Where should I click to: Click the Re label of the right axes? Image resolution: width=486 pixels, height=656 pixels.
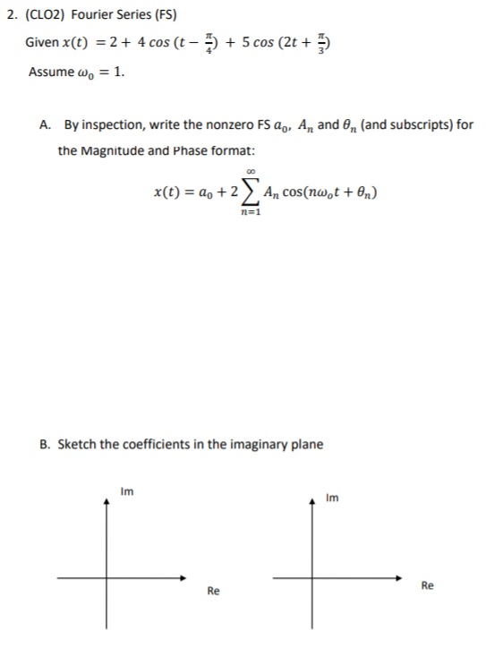click(427, 585)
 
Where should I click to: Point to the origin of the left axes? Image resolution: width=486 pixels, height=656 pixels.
click(107, 577)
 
